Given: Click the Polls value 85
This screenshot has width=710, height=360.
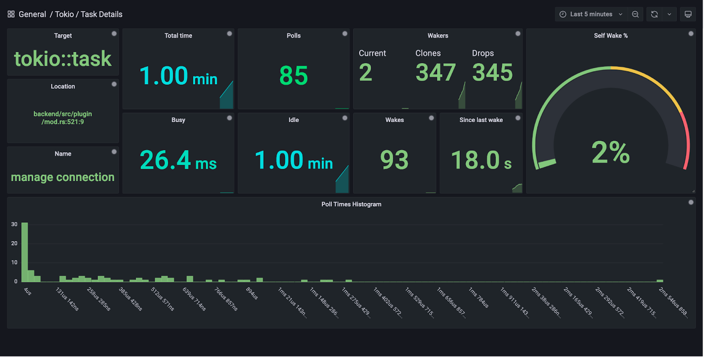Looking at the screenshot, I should click(x=293, y=75).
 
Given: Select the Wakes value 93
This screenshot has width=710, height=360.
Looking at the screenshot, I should click(x=394, y=160).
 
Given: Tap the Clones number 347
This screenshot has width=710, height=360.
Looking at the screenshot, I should click(x=435, y=72).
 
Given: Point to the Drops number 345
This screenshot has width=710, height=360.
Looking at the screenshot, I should click(x=492, y=72).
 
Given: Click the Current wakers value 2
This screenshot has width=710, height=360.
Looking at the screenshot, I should click(x=365, y=72).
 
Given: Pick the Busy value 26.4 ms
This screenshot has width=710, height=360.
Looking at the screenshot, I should click(x=178, y=160).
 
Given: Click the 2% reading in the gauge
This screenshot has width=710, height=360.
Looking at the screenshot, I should click(x=610, y=152).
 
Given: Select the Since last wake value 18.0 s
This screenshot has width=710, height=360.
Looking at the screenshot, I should click(x=481, y=160).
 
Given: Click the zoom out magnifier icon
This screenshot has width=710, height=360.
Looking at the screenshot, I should click(x=635, y=14).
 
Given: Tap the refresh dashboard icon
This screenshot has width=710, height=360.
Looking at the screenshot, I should click(x=654, y=14).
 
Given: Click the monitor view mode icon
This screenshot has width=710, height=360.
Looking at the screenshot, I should click(x=688, y=14).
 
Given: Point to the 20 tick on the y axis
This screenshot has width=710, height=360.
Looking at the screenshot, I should click(x=14, y=243).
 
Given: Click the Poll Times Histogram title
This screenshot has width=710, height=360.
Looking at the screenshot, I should click(x=351, y=204).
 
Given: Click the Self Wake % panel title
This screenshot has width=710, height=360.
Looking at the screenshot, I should click(x=611, y=36).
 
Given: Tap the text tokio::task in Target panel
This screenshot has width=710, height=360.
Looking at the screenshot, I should click(x=63, y=59).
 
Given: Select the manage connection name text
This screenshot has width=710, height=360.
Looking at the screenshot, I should click(x=63, y=177).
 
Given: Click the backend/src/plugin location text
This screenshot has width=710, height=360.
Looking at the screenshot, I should click(x=63, y=114).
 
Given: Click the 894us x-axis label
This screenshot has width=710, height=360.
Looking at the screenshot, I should click(x=252, y=293).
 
